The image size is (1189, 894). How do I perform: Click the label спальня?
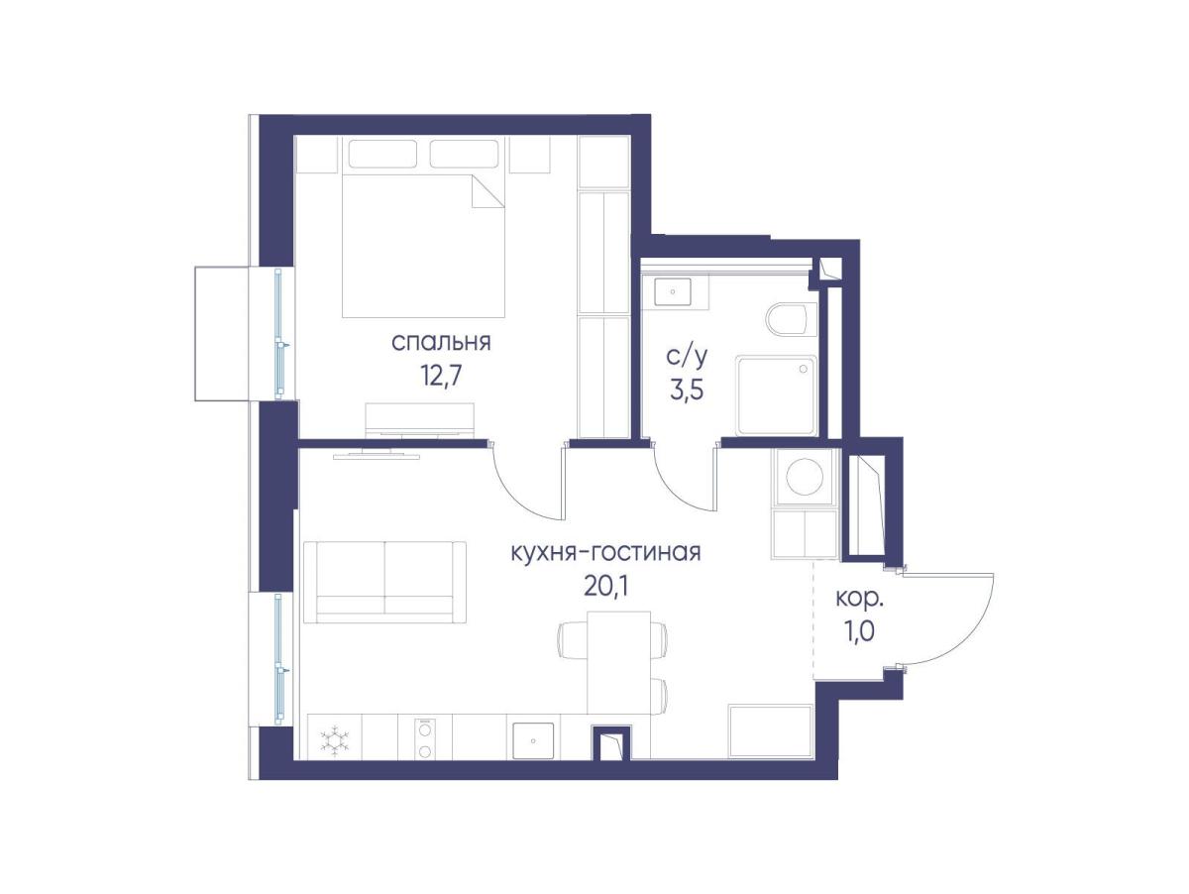point(440,343)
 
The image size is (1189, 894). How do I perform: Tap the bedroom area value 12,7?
point(442,375)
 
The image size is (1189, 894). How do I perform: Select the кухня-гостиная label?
point(605,553)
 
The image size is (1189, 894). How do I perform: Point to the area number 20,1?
point(605,585)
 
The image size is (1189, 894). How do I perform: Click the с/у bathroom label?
point(686,357)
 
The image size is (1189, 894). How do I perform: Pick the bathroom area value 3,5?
point(687,389)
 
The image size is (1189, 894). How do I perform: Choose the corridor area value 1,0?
point(860,631)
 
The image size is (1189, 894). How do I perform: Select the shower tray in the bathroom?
point(776,394)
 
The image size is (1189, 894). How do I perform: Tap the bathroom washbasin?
point(672,292)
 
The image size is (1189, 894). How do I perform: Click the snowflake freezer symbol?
point(335,739)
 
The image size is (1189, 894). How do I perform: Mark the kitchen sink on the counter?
point(533,740)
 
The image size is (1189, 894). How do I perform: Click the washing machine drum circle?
point(805,477)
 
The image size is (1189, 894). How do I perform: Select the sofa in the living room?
point(384,582)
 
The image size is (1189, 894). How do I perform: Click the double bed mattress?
point(423,246)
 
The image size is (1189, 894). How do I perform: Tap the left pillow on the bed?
point(383,154)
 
